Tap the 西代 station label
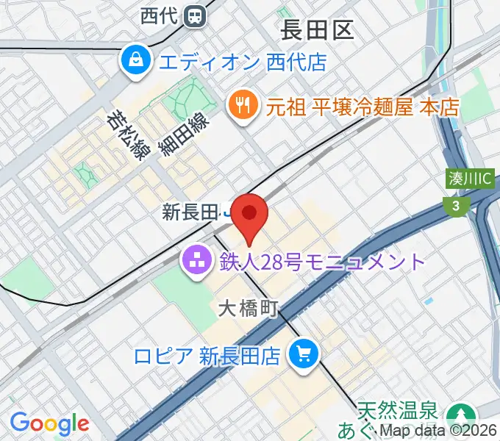pos(160,15)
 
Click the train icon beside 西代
pos(195,15)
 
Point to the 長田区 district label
pos(317,30)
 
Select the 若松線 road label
pos(125,135)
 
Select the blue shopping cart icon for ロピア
pos(302,356)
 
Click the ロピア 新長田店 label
pos(207,356)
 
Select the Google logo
pos(49,423)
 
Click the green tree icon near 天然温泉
pos(463,415)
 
